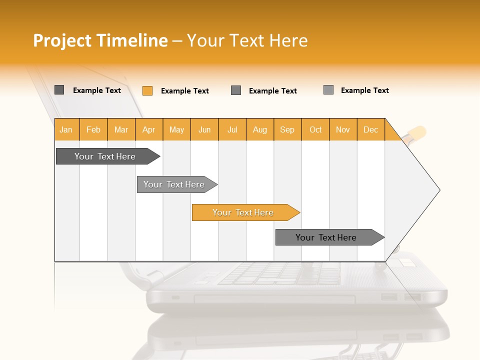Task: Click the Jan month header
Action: [66, 129]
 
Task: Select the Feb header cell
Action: [93, 129]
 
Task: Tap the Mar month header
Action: [121, 129]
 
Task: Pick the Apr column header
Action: [149, 129]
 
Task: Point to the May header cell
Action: [176, 129]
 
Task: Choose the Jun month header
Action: [204, 129]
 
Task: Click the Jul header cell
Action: [232, 129]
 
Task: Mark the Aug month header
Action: [260, 129]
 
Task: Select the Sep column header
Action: [287, 129]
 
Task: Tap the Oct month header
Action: [315, 129]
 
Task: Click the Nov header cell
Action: [343, 129]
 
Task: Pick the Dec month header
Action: [371, 129]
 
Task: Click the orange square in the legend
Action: [147, 90]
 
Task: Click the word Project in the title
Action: [62, 40]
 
